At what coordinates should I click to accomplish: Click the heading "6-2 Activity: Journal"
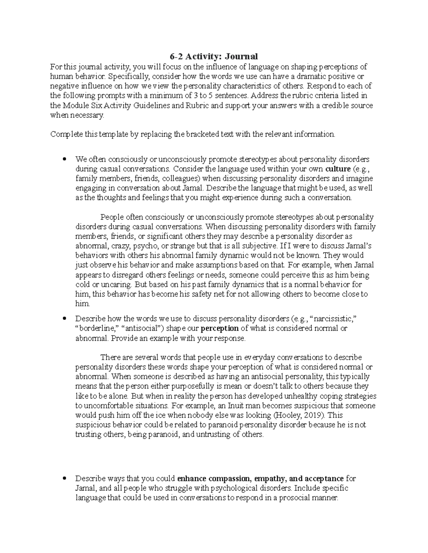[x=213, y=56]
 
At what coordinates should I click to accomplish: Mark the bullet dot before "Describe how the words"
[x=65, y=319]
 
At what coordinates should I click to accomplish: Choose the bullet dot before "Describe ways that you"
[x=65, y=478]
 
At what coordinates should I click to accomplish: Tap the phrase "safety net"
[x=215, y=294]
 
